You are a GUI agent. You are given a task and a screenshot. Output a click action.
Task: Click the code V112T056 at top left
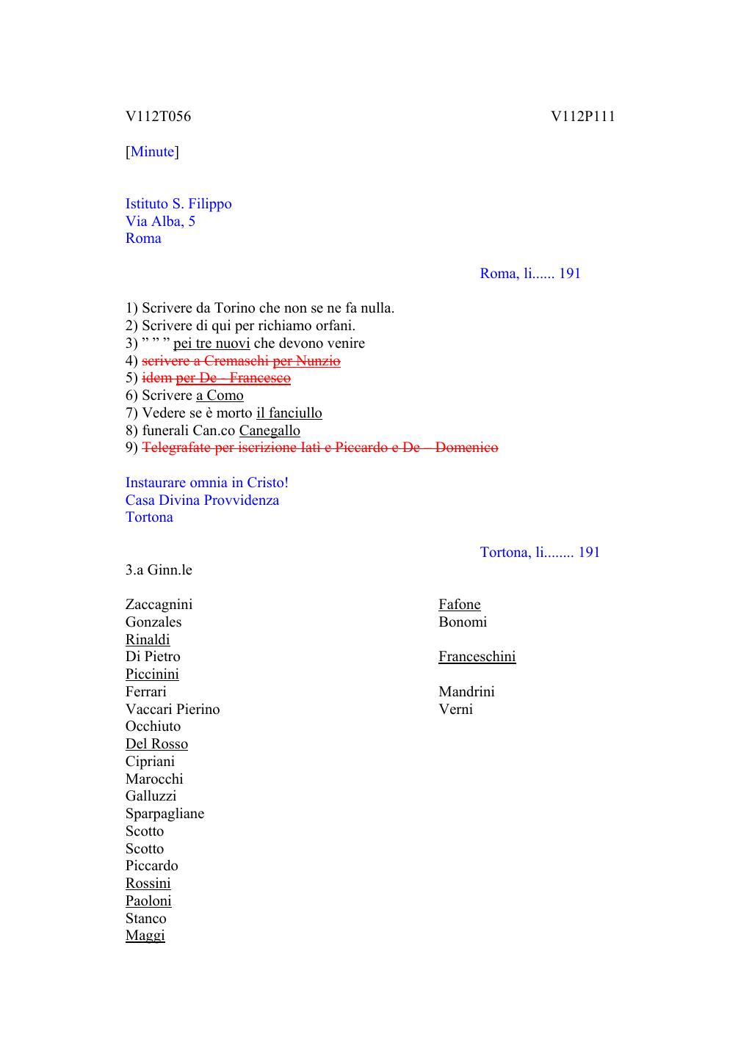pos(158,117)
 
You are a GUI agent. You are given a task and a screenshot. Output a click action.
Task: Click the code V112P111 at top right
pos(583,117)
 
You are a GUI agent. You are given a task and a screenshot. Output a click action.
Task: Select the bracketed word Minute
pos(153,152)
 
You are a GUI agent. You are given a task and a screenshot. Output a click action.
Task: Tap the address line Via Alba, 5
pos(160,222)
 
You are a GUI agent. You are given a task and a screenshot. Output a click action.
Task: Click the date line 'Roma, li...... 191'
pos(530,274)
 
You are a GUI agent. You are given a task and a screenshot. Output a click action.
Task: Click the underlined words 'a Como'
pos(220,396)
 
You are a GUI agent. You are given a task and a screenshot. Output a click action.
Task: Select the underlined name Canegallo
pos(270,431)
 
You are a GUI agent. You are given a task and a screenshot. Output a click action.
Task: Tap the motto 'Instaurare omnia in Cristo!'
pos(207,483)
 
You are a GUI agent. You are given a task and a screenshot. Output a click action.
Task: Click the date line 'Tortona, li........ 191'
pos(540,553)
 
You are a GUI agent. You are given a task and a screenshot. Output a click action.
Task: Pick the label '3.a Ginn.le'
pos(159,570)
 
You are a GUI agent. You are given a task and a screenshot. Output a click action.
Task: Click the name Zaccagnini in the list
pos(159,605)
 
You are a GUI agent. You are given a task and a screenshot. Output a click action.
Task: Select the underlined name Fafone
pos(460,605)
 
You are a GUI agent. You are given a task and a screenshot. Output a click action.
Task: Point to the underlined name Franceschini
pos(477,657)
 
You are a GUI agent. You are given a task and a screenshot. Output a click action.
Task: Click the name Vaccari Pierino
pos(173,710)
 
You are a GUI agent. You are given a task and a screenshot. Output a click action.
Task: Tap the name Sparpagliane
pos(164,814)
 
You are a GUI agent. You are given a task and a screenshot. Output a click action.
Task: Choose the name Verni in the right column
pos(455,710)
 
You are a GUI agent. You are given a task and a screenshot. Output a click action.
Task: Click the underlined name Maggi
pos(145,936)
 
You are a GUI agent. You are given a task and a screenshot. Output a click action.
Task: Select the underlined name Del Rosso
pos(156,744)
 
